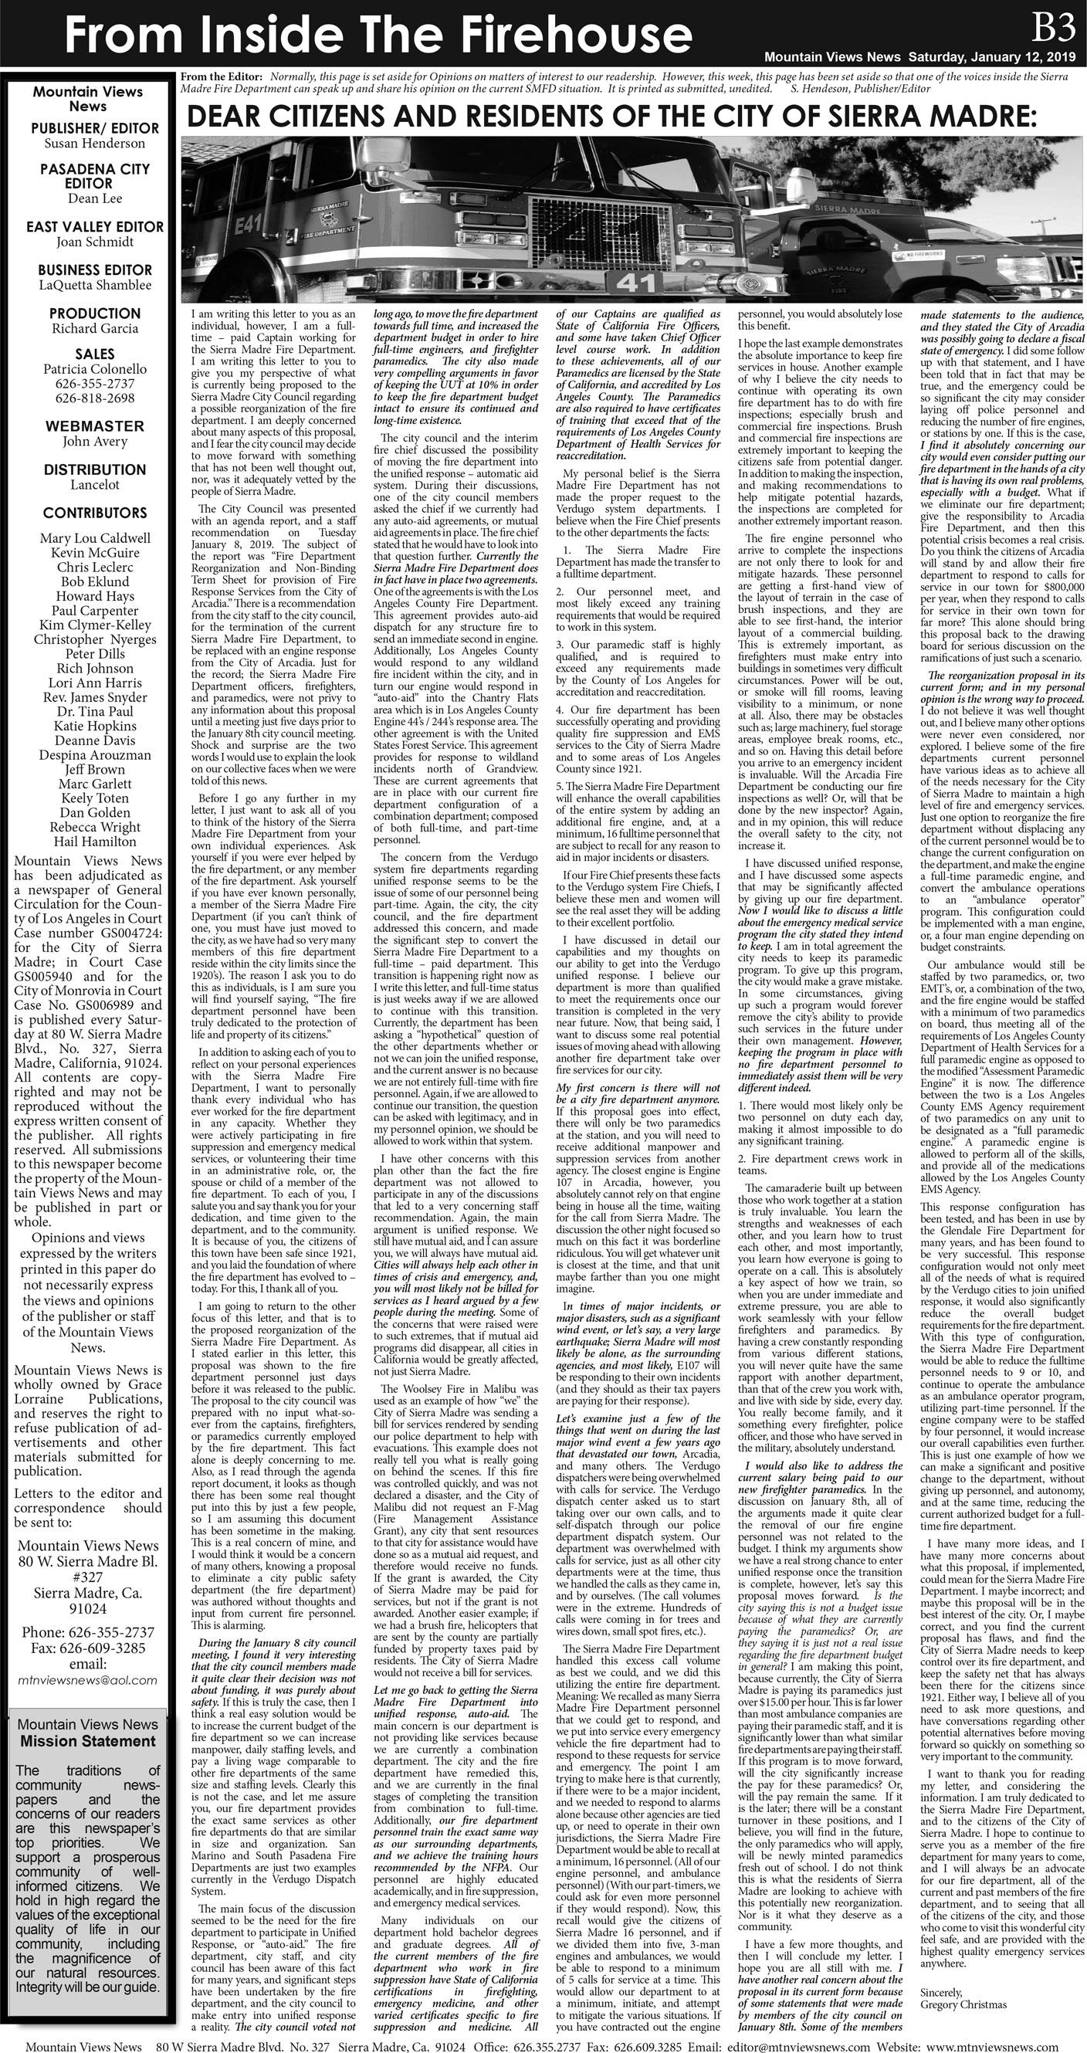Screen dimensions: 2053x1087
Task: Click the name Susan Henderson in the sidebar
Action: coord(94,144)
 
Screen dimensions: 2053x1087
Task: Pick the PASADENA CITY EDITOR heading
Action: coord(94,175)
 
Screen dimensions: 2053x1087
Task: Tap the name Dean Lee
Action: coord(94,198)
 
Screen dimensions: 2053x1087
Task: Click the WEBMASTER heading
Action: coord(94,426)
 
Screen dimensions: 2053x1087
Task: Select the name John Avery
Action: coord(94,442)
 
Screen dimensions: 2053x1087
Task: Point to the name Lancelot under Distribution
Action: coord(94,485)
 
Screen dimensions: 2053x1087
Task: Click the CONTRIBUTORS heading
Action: coord(94,513)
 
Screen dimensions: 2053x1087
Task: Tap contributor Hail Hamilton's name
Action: coord(94,842)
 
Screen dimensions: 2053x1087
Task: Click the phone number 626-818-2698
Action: coord(94,398)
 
